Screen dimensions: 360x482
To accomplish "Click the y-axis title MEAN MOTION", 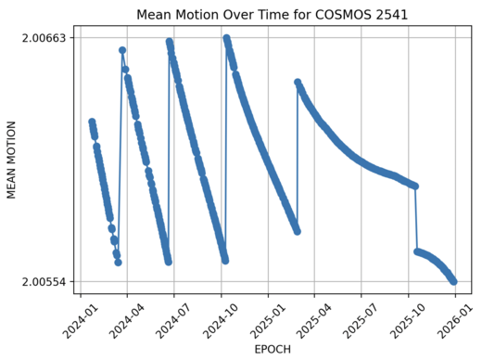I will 12,160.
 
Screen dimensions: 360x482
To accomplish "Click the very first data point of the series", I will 92,122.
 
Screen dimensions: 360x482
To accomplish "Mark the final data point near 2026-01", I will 453,281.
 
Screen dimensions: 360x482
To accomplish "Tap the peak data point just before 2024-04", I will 122,50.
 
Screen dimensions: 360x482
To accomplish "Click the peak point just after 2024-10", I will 226,39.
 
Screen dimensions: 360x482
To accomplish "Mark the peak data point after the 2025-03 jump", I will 298,83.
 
